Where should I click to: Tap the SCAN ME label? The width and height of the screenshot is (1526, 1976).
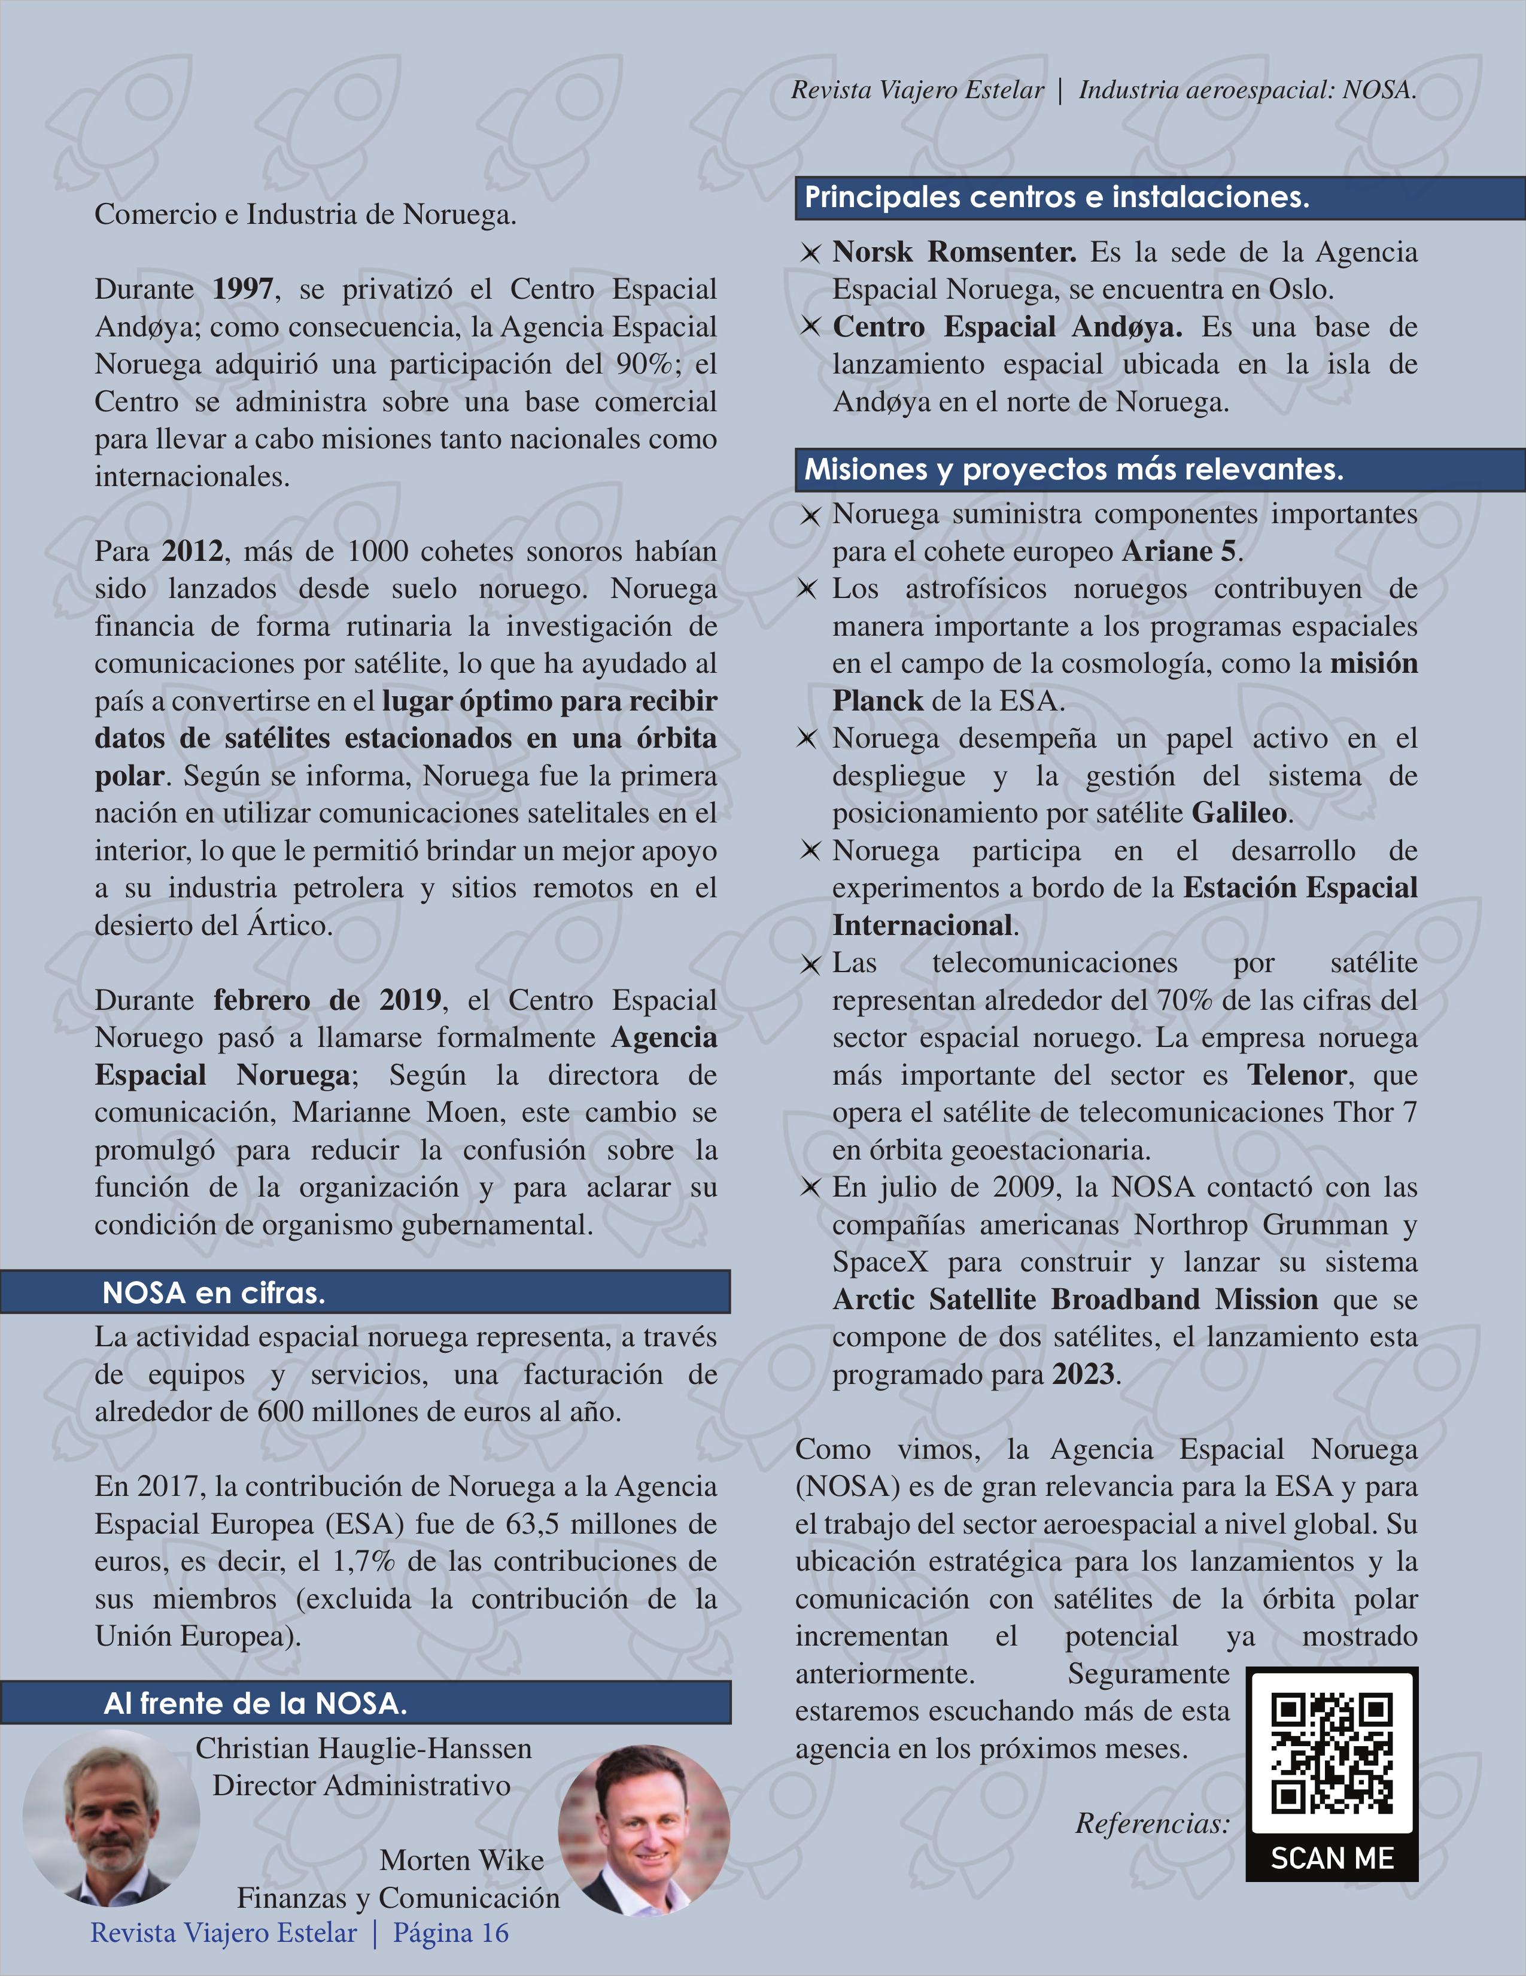(x=1332, y=1857)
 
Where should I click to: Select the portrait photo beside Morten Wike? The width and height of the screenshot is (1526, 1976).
(x=643, y=1840)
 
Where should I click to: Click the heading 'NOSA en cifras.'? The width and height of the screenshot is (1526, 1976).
(x=214, y=1293)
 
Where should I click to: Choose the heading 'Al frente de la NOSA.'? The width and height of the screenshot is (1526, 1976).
(x=255, y=1704)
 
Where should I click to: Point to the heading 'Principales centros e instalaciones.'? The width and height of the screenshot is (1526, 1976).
(x=1057, y=197)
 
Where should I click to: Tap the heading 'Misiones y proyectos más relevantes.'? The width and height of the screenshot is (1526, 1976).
(x=1074, y=469)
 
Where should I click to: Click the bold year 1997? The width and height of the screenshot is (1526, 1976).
(x=242, y=290)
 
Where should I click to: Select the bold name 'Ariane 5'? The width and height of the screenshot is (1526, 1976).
(x=1181, y=551)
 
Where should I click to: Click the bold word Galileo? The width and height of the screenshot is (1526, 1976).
(x=1238, y=812)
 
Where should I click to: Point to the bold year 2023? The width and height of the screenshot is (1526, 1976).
(x=1083, y=1374)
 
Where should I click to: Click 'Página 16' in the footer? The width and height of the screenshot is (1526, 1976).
(x=451, y=1932)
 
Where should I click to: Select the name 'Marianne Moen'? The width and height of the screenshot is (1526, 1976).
(x=382, y=1112)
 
